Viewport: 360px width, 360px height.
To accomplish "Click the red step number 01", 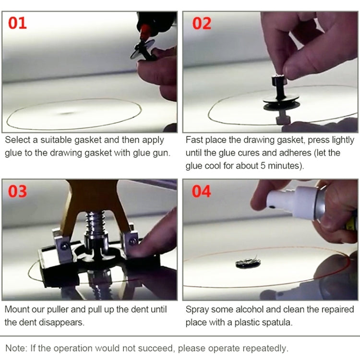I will [18, 23].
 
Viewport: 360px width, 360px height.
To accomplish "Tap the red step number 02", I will [202, 23].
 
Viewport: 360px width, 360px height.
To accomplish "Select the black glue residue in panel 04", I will [248, 263].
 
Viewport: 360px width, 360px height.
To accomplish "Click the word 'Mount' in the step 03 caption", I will [18, 309].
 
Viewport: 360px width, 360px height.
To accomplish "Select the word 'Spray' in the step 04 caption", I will [197, 309].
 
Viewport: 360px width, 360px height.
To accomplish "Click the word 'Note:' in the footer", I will [17, 348].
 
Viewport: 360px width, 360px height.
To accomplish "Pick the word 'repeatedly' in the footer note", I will [264, 348].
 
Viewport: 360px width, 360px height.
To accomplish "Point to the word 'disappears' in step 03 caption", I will [64, 322].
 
